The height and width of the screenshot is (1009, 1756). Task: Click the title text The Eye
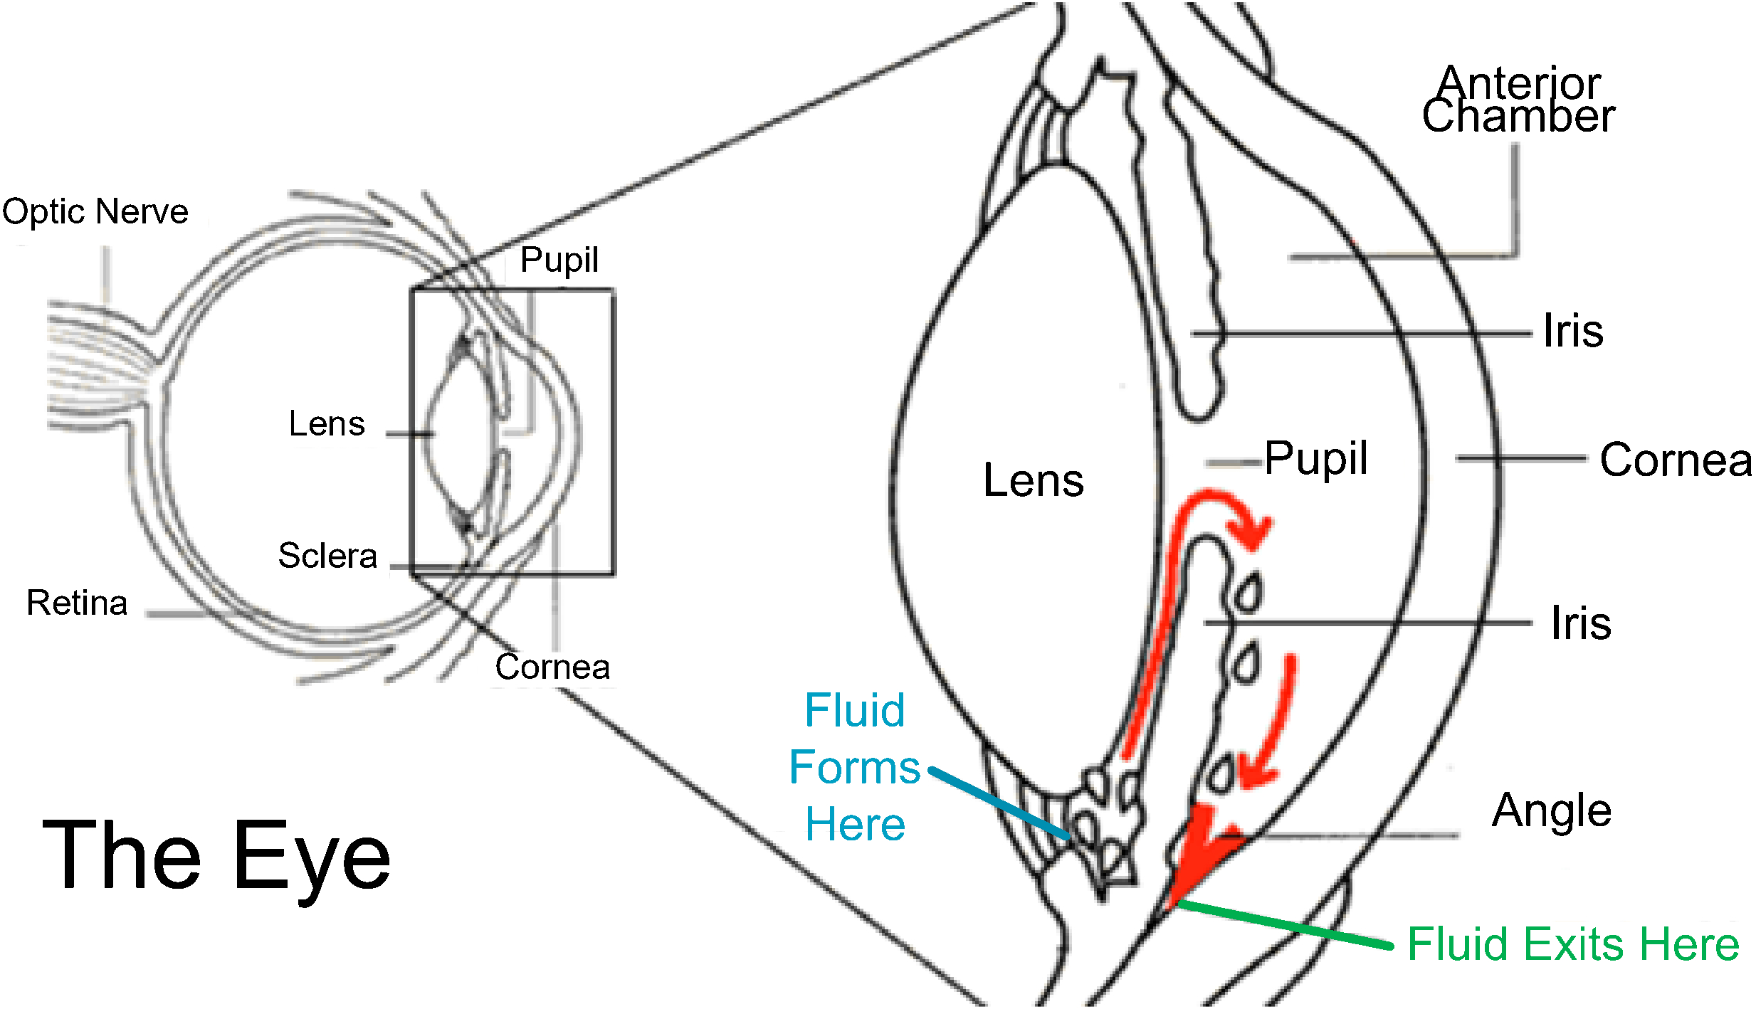216,857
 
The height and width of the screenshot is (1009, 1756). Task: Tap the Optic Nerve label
95,212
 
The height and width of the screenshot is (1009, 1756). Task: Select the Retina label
77,603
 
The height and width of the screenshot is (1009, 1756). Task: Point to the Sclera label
327,556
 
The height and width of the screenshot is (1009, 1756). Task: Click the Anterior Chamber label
1518,99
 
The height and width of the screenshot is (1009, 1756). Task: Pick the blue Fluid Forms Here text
855,767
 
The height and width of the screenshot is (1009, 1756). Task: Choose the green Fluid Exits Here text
1574,944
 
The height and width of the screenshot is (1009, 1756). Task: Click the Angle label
1552,810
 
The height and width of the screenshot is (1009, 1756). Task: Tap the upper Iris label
1573,331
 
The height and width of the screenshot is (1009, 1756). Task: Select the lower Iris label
1581,623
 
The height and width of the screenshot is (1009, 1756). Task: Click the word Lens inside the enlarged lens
1034,480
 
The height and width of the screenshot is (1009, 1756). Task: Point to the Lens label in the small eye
327,424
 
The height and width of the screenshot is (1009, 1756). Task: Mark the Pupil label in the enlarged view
1316,460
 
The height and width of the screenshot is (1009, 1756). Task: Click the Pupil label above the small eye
559,260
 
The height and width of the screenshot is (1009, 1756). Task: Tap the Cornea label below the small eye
552,667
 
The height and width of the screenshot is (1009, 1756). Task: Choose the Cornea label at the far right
1676,460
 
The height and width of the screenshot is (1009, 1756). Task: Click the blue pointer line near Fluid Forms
999,803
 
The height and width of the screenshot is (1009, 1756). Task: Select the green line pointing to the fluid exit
1284,925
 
